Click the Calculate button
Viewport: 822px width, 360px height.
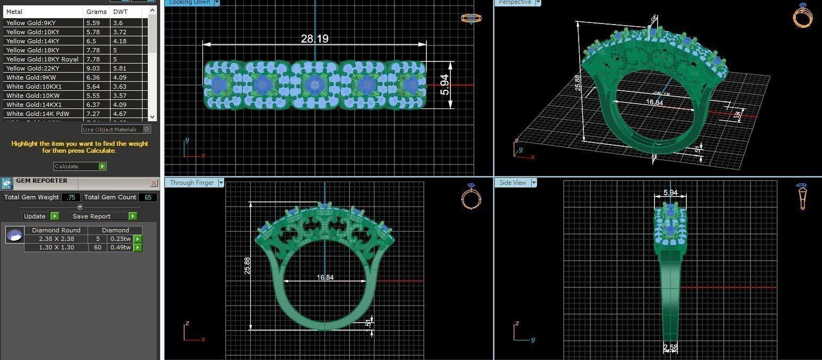click(x=80, y=167)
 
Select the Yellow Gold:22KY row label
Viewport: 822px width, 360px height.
click(x=33, y=68)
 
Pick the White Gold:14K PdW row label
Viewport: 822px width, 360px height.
click(x=38, y=114)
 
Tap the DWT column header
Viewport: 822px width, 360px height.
click(x=120, y=12)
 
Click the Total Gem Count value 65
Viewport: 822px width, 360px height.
click(x=147, y=198)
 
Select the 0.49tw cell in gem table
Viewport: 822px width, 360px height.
click(x=120, y=247)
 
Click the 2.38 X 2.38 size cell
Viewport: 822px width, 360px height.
click(x=56, y=239)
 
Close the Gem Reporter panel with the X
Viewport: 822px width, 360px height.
click(x=154, y=183)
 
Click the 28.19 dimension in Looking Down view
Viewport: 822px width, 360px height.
click(x=314, y=38)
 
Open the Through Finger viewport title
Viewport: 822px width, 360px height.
click(x=192, y=183)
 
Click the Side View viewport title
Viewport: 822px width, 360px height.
click(x=512, y=183)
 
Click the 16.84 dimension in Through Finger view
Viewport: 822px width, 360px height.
click(x=325, y=277)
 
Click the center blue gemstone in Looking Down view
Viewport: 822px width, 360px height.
click(x=314, y=84)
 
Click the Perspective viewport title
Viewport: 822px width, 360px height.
click(x=515, y=2)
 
